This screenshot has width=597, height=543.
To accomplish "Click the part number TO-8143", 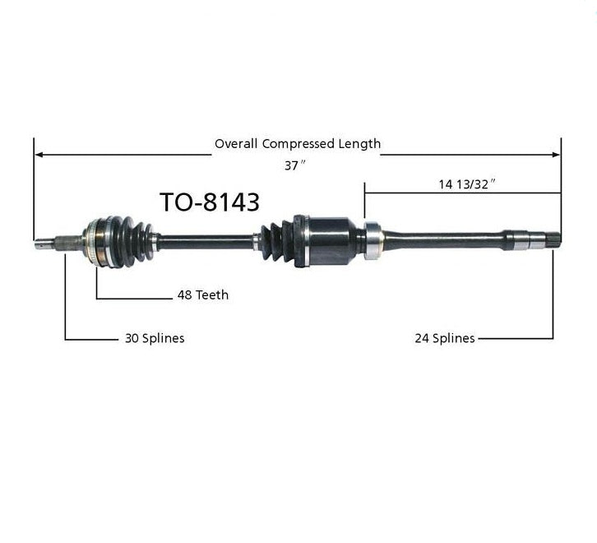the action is (x=210, y=202).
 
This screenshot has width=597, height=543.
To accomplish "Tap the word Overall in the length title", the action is (x=236, y=144).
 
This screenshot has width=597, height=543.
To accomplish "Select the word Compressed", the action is (x=298, y=144).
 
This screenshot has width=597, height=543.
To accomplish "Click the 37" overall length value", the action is (x=294, y=165).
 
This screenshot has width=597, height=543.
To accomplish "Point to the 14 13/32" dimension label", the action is (x=466, y=184).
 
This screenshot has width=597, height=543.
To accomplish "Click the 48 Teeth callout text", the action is (x=203, y=295).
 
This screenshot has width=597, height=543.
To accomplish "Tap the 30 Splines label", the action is (x=155, y=338).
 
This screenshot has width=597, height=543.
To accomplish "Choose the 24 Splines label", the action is (x=445, y=338).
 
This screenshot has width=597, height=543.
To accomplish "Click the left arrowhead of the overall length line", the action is (x=38, y=155).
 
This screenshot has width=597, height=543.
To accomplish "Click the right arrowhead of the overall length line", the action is (x=556, y=155).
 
